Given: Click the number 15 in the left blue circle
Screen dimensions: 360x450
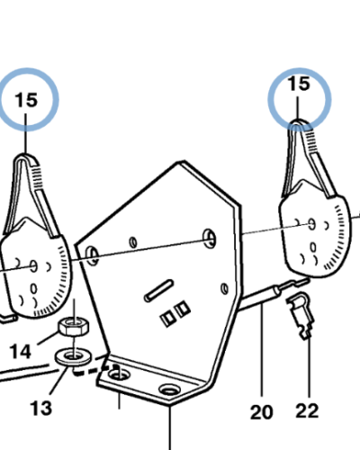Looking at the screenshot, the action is (x=27, y=100).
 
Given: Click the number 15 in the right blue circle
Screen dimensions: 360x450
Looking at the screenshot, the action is (x=299, y=84).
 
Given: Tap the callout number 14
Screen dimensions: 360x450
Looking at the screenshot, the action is (x=20, y=351).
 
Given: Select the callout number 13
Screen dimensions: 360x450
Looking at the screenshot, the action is (x=41, y=408).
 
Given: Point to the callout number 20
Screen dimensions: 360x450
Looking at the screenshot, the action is (x=262, y=412).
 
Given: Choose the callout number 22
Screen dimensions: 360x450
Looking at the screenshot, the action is (x=307, y=410).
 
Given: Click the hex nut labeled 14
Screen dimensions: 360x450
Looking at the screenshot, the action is (x=74, y=327).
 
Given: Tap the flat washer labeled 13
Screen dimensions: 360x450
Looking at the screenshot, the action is (x=74, y=357).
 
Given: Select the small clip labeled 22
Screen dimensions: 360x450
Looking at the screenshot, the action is (x=301, y=316).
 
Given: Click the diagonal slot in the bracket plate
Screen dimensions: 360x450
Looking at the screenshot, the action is (x=158, y=291).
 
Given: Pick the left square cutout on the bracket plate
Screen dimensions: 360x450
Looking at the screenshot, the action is (x=167, y=319).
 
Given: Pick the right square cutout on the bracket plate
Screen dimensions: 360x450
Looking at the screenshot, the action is (x=183, y=310).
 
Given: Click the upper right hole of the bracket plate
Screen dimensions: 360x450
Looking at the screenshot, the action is (x=210, y=238).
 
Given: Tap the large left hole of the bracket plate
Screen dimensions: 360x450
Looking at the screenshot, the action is (x=93, y=256).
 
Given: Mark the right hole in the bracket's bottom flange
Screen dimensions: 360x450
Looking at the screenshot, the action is (x=169, y=390).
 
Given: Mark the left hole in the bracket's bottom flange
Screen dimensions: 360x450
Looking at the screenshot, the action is (x=119, y=373).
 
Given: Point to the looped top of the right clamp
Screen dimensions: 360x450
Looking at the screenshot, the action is (x=299, y=123).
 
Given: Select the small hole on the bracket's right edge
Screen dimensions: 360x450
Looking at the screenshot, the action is (x=224, y=289).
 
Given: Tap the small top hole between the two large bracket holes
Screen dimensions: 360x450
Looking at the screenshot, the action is (x=133, y=242).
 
